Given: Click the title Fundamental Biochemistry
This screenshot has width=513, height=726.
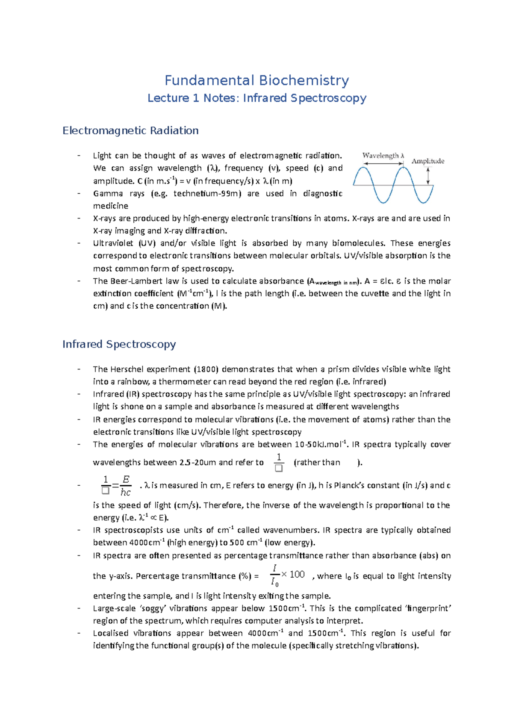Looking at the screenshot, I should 256,80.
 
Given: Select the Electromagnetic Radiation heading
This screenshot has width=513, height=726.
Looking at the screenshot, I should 130,130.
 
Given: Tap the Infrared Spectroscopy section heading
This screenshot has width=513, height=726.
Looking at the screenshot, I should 119,344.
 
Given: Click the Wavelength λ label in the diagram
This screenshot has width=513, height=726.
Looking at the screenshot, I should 383,156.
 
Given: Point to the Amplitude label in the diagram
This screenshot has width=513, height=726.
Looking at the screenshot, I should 427,161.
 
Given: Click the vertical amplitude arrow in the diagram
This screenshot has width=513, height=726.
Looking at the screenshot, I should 428,176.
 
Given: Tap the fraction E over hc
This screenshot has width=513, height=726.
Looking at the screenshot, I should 125,486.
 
